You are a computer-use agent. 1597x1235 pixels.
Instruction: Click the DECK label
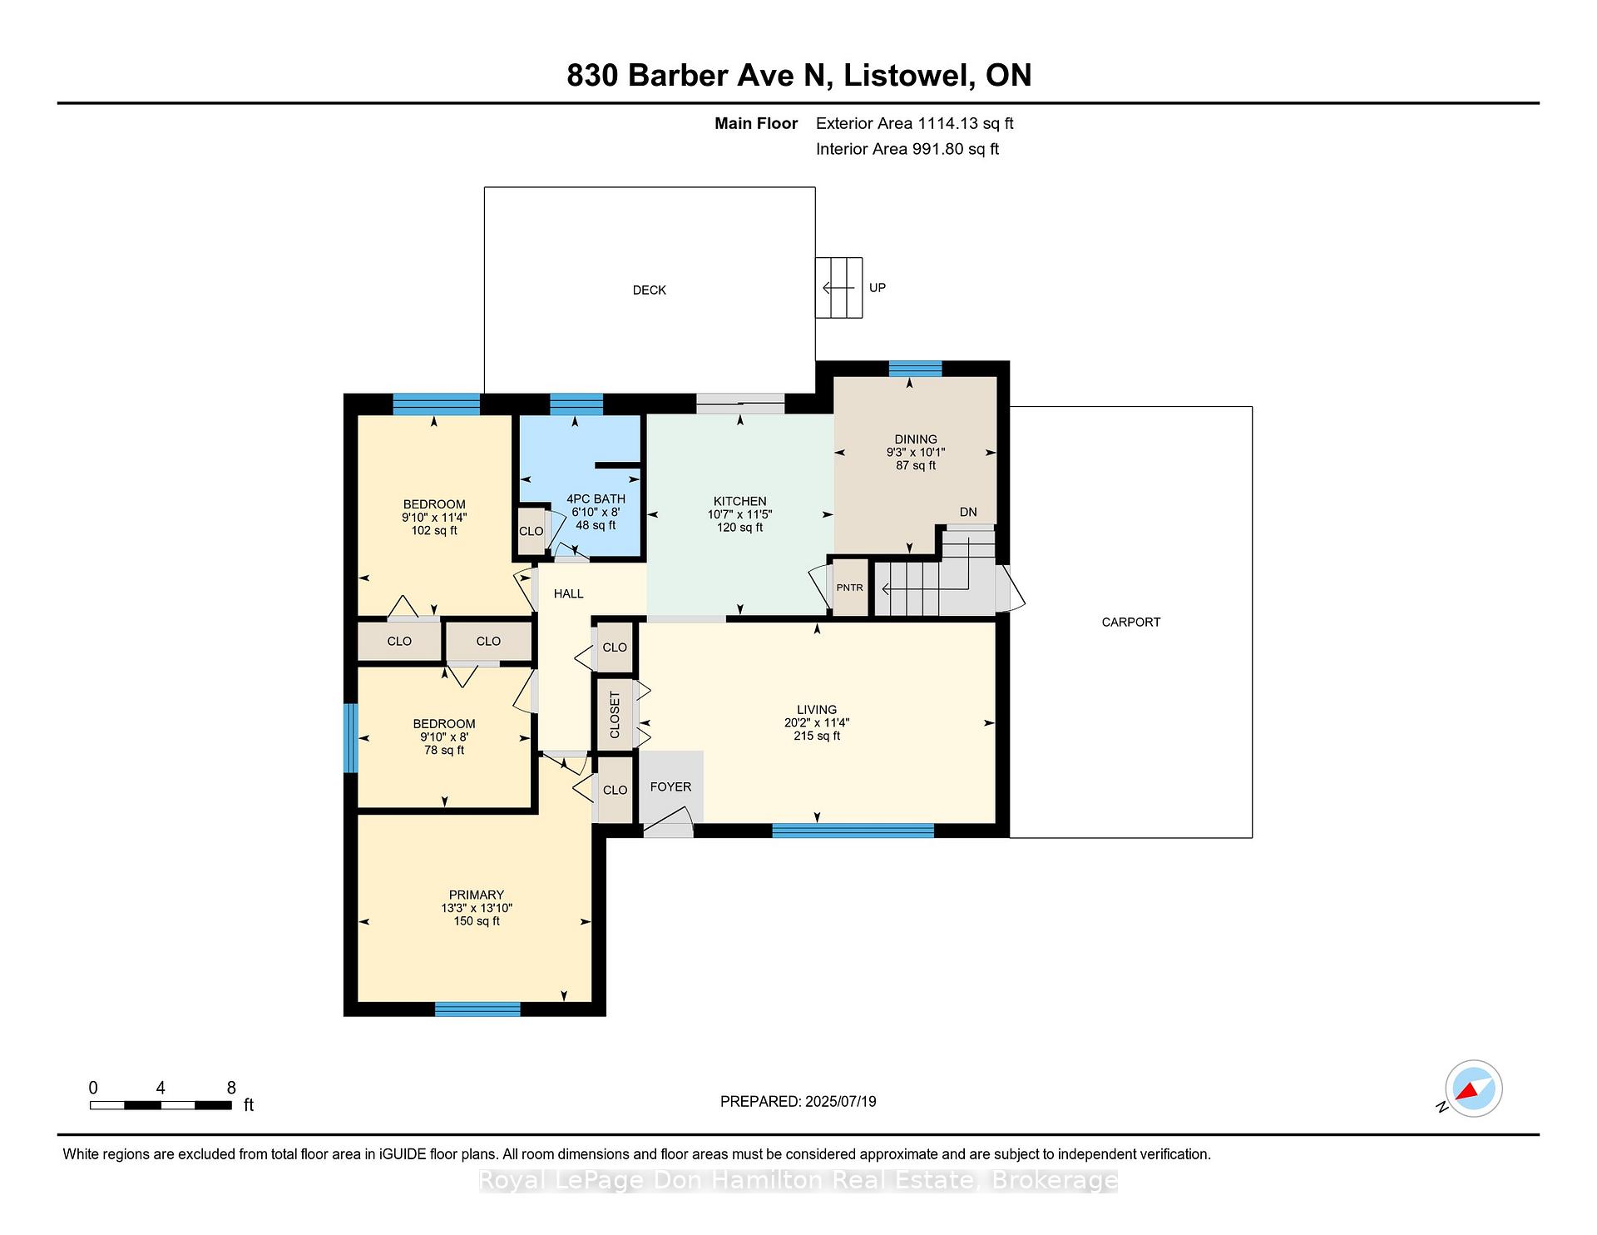coord(649,290)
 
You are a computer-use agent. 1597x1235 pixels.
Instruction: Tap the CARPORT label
coord(1130,622)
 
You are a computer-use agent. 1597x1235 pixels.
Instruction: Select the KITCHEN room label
coord(739,501)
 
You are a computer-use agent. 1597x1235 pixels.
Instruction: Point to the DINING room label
coord(916,439)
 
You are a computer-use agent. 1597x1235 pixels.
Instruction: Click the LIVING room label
coord(817,710)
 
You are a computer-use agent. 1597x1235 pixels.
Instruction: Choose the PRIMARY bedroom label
coord(477,895)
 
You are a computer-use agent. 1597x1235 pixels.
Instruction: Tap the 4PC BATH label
coord(596,498)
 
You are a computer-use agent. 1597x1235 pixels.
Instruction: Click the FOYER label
coord(670,786)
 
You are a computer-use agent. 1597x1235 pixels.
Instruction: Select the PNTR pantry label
coord(849,588)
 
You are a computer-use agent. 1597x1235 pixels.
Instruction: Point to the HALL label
coord(568,593)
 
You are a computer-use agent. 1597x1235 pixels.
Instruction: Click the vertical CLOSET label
coord(615,715)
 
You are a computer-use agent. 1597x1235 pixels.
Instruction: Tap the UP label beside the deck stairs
coord(878,288)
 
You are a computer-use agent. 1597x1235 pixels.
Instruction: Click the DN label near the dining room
coord(968,512)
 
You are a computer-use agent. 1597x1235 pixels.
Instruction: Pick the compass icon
coord(1473,1089)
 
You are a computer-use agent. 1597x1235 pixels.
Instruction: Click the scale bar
coord(161,1105)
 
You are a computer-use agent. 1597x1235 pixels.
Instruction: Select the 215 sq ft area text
coord(817,736)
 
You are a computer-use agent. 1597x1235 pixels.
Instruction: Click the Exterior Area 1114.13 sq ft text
coord(915,123)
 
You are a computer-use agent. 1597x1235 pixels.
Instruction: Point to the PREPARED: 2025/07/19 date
coord(798,1101)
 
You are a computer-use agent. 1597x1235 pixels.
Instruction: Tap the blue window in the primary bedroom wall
coord(477,1009)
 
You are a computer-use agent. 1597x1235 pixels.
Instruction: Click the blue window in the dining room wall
coord(915,369)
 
